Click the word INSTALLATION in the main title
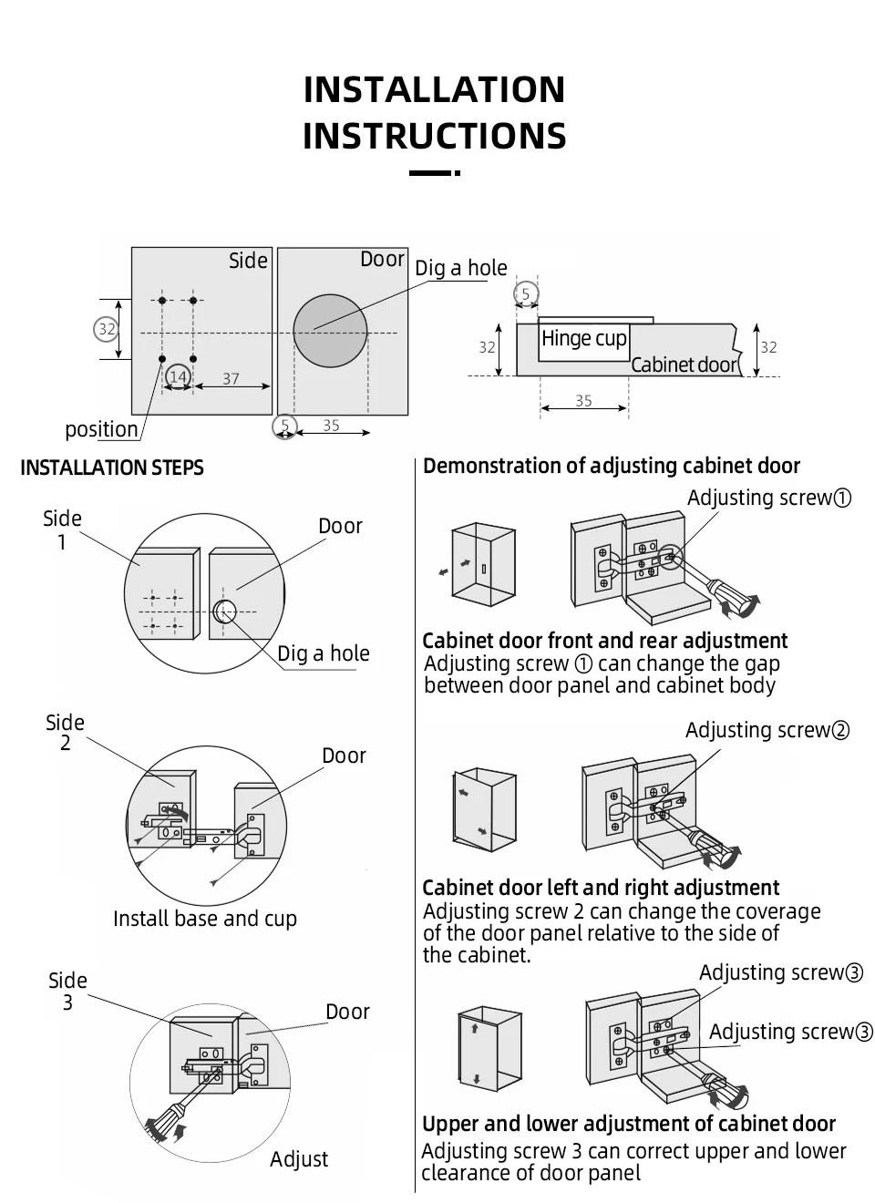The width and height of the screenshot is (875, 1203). coord(434,90)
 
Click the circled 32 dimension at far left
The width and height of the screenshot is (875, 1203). coord(107,328)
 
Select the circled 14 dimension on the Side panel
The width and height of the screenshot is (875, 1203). coord(178,377)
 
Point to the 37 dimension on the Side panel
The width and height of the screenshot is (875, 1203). coord(231,379)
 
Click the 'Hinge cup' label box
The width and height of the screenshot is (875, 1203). coord(583,339)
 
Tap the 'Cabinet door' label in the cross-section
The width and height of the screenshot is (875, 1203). coord(684,365)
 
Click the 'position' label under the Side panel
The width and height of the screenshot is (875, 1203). coord(101,429)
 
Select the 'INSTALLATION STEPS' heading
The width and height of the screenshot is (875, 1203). coord(112,468)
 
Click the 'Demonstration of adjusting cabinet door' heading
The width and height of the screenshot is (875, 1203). coord(611,466)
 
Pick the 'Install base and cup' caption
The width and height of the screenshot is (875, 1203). coord(205,919)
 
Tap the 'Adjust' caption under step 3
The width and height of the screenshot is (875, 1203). coord(299,1159)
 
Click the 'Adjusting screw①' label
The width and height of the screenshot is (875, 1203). coord(769,498)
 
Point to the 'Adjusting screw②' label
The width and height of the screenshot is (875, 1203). coord(767,730)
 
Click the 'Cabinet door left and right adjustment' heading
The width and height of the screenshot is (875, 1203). coord(601,888)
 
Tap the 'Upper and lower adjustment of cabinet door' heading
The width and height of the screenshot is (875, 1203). coord(629,1124)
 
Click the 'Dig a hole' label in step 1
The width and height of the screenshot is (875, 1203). coord(324,653)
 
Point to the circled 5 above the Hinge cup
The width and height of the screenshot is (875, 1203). coord(526,294)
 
